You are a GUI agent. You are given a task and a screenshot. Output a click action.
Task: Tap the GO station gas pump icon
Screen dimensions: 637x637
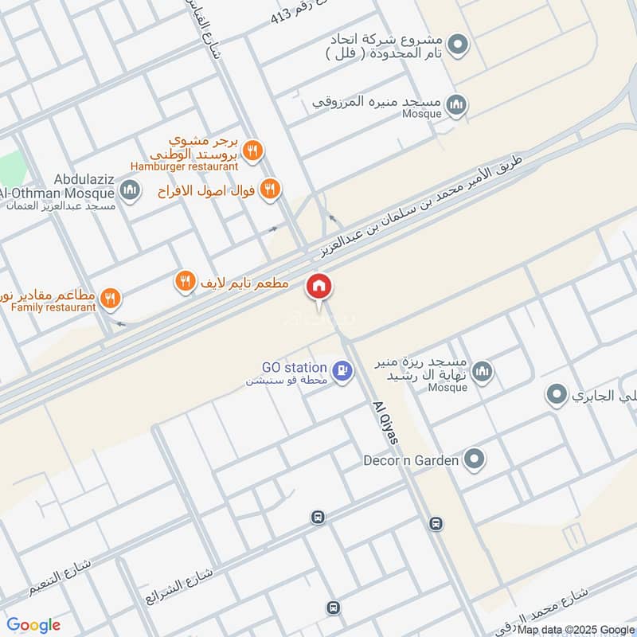[342, 371]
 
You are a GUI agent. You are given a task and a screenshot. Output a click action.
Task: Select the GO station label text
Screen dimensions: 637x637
[294, 368]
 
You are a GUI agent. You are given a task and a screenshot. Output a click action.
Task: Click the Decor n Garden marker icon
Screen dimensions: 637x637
[475, 459]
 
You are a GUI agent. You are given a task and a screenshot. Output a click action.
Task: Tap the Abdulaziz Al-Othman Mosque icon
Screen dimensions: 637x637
[131, 190]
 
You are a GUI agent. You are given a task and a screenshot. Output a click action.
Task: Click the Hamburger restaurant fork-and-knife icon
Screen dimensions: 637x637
[253, 150]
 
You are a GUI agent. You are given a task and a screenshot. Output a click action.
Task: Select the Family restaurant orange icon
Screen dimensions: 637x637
[111, 299]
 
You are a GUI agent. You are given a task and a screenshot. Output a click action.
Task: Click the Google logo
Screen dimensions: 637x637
[33, 625]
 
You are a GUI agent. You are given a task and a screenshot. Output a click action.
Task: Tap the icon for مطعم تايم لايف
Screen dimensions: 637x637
[185, 281]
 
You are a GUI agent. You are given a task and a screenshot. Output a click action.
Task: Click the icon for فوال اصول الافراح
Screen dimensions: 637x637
[270, 189]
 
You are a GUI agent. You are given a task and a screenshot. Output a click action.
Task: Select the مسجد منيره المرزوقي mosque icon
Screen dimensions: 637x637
[456, 104]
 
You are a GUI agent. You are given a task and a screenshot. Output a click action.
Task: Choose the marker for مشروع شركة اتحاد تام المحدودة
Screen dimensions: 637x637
[456, 45]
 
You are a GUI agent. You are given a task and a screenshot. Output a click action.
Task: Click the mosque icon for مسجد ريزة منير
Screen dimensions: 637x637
[482, 372]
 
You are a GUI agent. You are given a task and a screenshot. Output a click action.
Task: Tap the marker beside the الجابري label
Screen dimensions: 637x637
[557, 394]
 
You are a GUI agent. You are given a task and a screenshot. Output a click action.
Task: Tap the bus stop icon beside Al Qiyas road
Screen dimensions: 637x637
[436, 523]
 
